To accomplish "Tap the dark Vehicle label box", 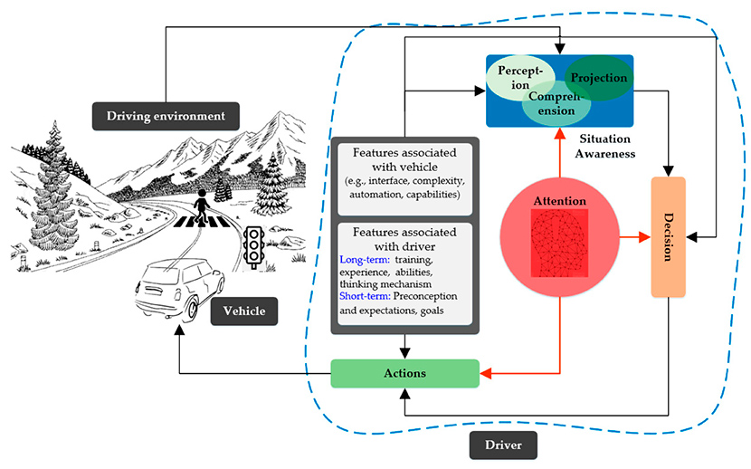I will pos(244,311).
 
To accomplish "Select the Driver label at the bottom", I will pos(503,445).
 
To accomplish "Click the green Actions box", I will pos(404,373).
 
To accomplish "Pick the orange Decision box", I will pos(669,237).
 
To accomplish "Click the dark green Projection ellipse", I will pos(598,79).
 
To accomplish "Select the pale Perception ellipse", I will pos(514,78).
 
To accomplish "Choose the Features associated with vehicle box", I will pos(404,177).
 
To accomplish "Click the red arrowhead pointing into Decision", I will pos(645,238).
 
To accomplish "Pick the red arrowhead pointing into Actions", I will pos(485,373).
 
